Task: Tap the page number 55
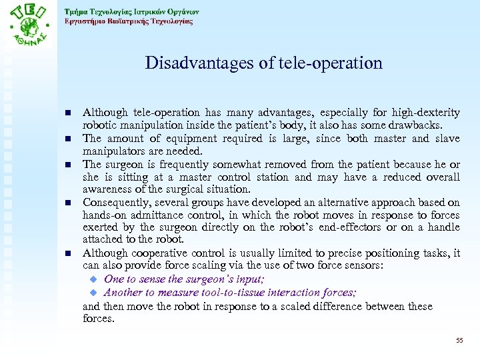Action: [459, 341]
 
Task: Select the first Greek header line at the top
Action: [131, 11]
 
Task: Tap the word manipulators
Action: [113, 151]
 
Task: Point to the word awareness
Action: [104, 189]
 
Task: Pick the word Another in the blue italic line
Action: [123, 293]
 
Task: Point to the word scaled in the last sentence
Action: [289, 307]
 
